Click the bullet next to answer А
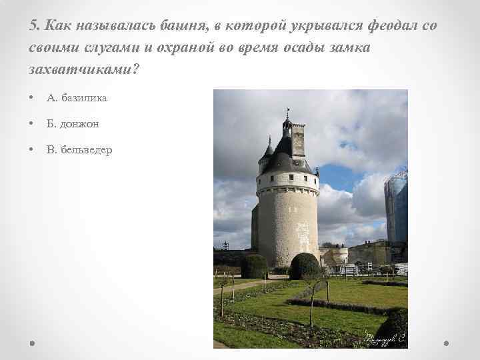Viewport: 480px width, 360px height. click(x=32, y=98)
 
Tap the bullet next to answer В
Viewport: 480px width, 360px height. click(x=32, y=150)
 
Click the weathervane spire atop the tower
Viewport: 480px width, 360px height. click(x=287, y=115)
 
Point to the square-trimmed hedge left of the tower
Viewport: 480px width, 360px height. click(x=254, y=266)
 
